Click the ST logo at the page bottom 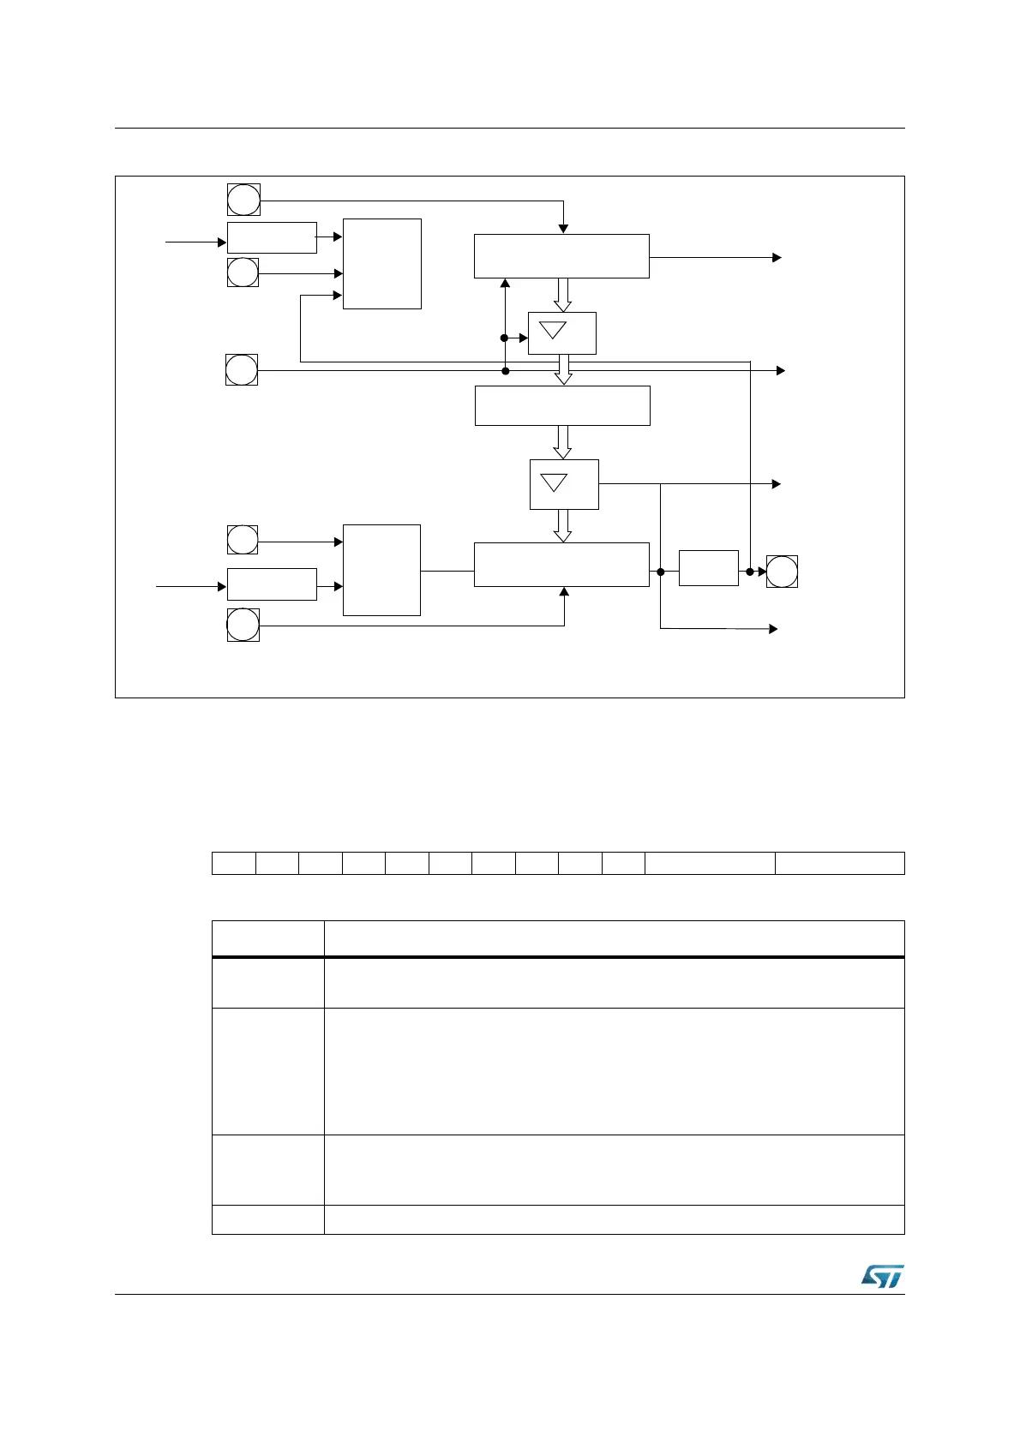[882, 1276]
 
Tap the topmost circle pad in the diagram [243, 200]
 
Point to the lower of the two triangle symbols [555, 482]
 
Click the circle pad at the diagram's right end [782, 572]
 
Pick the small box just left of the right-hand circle [708, 568]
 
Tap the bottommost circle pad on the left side [243, 625]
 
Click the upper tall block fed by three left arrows [381, 263]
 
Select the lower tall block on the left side [381, 570]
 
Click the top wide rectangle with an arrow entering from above [561, 255]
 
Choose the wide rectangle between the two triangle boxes [562, 405]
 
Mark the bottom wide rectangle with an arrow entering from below [561, 565]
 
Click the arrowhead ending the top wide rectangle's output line [777, 257]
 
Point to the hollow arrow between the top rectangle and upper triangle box [562, 295]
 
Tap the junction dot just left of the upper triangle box [505, 338]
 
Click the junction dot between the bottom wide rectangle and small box [661, 572]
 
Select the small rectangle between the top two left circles [272, 237]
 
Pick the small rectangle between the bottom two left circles [272, 584]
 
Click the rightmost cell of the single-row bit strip [839, 863]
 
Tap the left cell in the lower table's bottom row [267, 1219]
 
